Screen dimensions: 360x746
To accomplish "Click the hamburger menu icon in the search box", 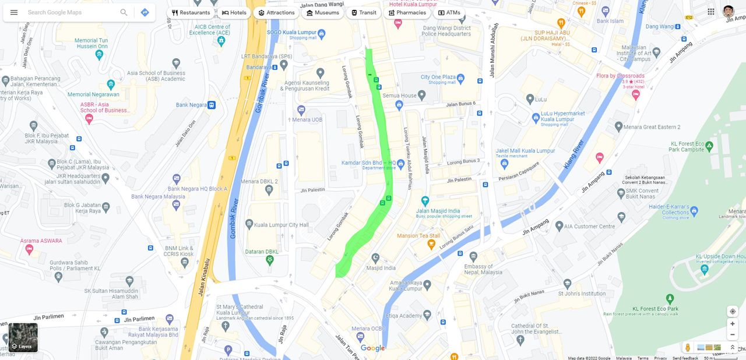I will [14, 12].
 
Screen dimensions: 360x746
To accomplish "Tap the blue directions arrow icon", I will [145, 12].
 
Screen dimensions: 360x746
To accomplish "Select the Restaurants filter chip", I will [191, 13].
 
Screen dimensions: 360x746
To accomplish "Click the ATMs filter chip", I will [449, 13].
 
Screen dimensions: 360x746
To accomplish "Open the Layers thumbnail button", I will [23, 338].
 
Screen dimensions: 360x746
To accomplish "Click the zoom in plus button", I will [733, 324].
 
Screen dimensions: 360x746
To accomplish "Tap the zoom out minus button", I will [733, 335].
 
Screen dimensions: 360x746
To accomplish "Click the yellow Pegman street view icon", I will [688, 348].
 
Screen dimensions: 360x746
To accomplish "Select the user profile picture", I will [729, 12].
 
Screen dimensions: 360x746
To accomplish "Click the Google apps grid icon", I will [711, 12].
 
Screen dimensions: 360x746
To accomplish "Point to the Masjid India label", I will [381, 269].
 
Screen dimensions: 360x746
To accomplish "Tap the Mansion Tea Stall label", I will [418, 236].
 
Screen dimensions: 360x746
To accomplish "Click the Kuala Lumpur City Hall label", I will [281, 225].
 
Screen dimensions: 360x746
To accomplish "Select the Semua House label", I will [400, 96].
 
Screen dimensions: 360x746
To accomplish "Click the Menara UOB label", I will [307, 120].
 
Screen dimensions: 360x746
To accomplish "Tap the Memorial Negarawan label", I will [93, 94].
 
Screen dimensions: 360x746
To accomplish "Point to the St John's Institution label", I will [582, 294].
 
